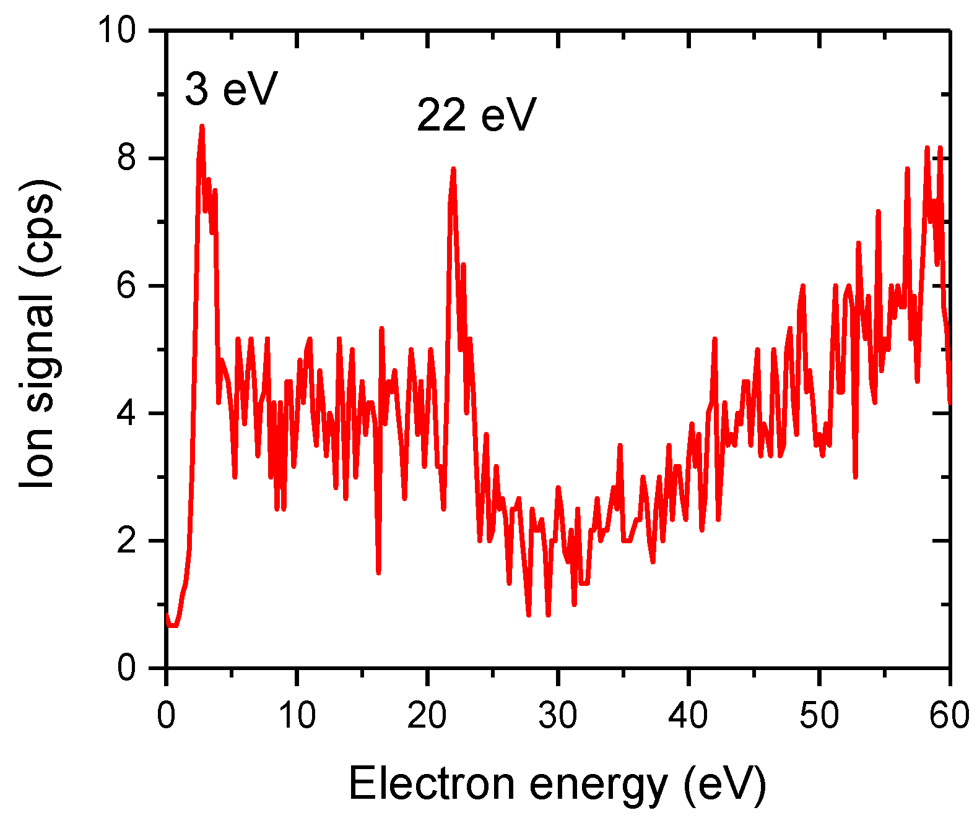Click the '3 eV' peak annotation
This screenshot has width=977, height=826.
230,89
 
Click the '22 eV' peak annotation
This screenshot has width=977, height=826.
475,115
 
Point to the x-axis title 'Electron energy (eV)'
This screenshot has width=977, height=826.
557,785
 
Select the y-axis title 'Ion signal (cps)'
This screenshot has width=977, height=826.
38,333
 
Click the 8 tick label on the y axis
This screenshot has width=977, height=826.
126,158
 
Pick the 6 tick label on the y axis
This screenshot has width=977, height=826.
126,286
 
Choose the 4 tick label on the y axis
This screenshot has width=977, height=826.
126,413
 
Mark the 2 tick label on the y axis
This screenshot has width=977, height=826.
126,541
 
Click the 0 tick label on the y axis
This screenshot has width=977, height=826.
126,668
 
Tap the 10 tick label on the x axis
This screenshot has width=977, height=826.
297,715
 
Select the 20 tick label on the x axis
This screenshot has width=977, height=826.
427,715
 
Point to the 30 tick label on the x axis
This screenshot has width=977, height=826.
558,715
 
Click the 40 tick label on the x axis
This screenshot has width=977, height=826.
688,715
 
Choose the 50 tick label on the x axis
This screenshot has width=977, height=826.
819,715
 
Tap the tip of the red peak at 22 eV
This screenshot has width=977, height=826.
454,168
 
